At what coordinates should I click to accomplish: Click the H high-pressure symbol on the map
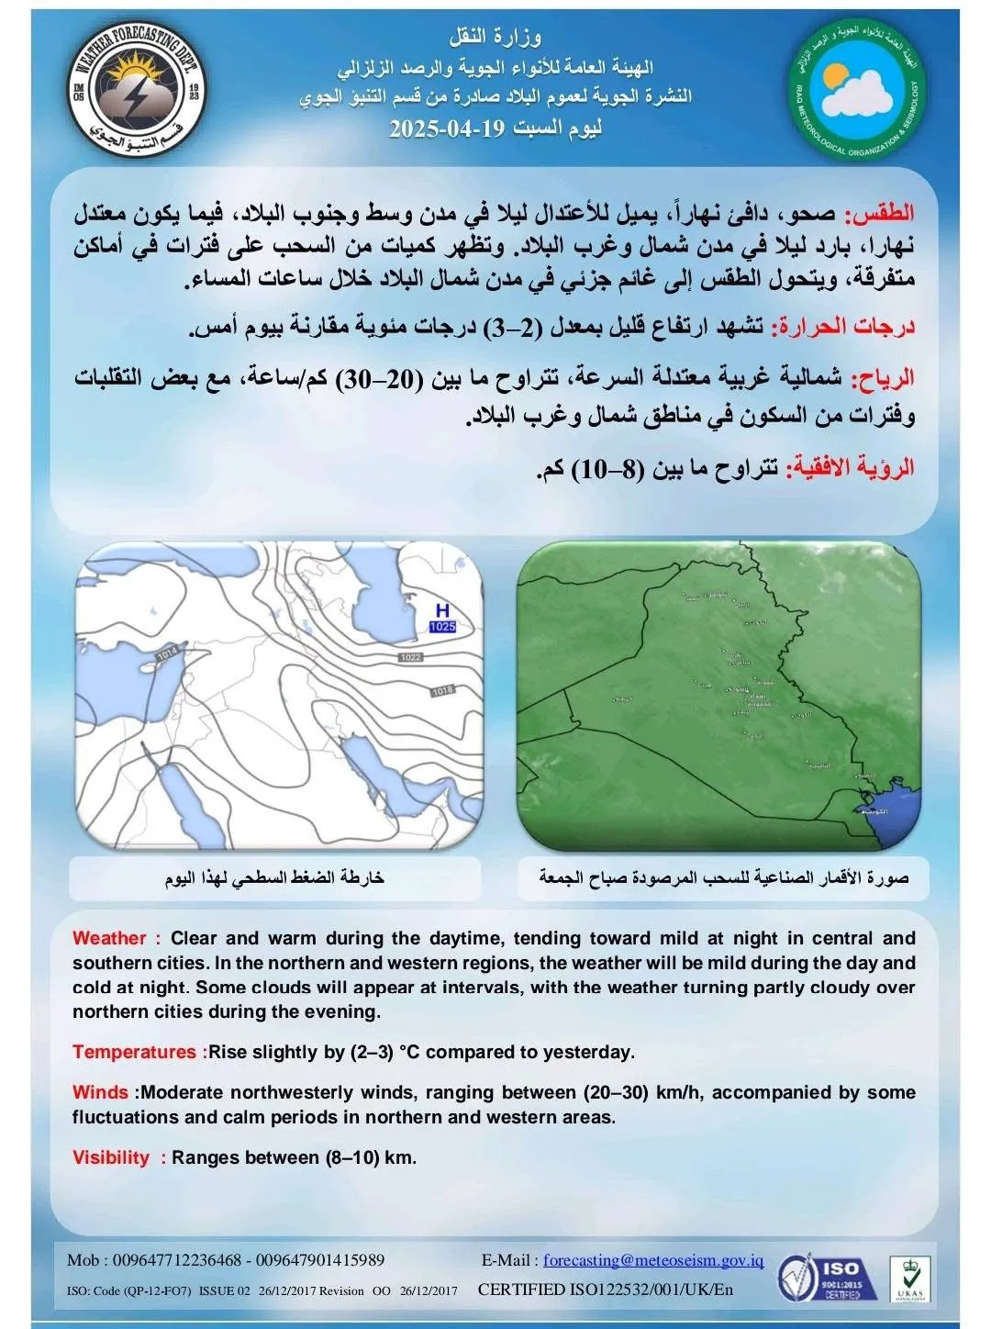[442, 610]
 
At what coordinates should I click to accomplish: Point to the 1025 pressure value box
[442, 627]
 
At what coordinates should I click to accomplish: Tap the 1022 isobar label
[410, 658]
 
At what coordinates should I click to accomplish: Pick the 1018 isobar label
[441, 690]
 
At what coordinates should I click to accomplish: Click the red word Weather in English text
[109, 938]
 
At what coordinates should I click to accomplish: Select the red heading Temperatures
[134, 1052]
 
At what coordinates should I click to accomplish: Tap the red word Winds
[100, 1092]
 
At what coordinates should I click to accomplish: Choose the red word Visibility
[110, 1157]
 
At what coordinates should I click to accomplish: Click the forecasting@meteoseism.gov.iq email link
[652, 1260]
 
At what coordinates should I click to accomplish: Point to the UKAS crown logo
[907, 1279]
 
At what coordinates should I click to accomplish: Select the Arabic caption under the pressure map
[274, 878]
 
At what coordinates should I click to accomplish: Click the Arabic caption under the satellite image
[724, 878]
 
